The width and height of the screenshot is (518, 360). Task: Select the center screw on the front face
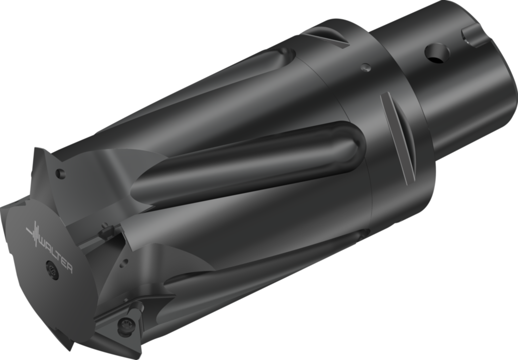pyautogui.click(x=51, y=270)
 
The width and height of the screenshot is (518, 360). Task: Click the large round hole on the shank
pyautogui.click(x=437, y=53)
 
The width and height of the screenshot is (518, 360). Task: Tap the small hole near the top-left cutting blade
pyautogui.click(x=61, y=174)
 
